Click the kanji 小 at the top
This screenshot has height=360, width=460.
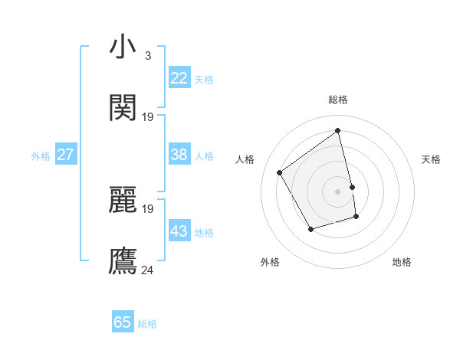(x=123, y=48)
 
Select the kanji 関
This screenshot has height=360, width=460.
(x=123, y=108)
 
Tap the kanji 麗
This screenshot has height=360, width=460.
(x=123, y=200)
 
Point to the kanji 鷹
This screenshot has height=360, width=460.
(x=123, y=260)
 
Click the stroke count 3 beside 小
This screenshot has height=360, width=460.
(x=147, y=56)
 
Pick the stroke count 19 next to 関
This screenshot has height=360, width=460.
(x=148, y=116)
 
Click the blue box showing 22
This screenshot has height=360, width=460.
(x=179, y=78)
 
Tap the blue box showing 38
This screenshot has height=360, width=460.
(x=179, y=155)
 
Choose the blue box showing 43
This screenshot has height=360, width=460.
(x=179, y=231)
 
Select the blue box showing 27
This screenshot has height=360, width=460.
(x=65, y=155)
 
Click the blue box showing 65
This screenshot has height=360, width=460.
(x=123, y=322)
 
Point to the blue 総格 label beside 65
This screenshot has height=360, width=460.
(x=147, y=324)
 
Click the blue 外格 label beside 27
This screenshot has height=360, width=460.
(x=41, y=156)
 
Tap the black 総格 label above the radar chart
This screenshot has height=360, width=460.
(x=338, y=100)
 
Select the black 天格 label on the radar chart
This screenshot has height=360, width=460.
(x=432, y=159)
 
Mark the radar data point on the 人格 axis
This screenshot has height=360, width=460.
(x=280, y=172)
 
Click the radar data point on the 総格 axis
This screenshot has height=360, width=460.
(x=338, y=130)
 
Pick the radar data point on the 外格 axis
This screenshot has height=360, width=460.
(x=310, y=229)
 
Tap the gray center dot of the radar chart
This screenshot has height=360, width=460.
(x=338, y=191)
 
